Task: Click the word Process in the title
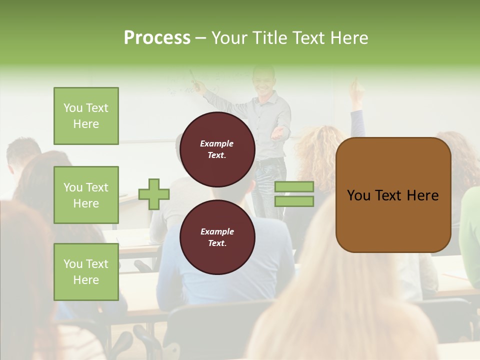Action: click(x=157, y=38)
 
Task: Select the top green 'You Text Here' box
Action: click(x=86, y=116)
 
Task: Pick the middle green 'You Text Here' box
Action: click(x=86, y=195)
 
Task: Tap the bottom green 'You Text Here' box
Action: click(x=86, y=272)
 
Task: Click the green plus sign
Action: click(x=154, y=194)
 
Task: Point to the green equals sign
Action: click(x=294, y=194)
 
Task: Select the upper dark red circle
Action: click(x=217, y=149)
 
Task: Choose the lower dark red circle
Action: click(x=217, y=237)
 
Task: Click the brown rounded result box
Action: click(x=393, y=195)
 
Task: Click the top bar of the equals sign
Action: click(x=294, y=187)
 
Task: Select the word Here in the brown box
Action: click(x=422, y=195)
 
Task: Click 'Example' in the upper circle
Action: click(x=217, y=143)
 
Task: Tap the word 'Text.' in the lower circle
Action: click(x=217, y=243)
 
